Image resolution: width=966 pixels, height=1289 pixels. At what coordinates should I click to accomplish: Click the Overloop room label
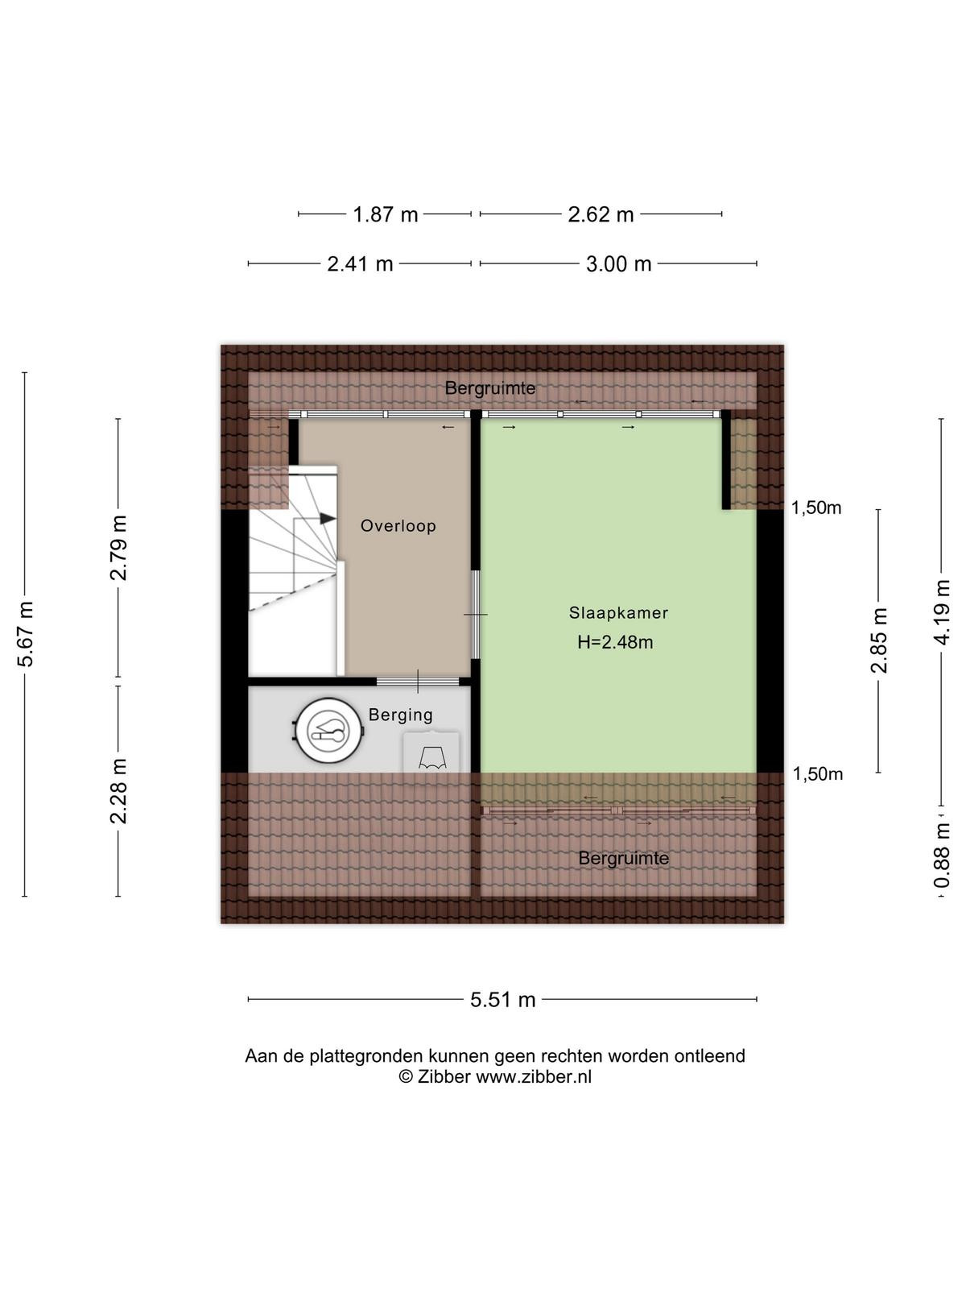(398, 525)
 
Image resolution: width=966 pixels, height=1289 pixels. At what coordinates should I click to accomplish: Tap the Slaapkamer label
(618, 612)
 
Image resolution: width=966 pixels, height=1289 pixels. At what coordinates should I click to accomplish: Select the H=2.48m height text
(615, 642)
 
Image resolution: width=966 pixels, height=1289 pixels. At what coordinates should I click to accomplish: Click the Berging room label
(401, 715)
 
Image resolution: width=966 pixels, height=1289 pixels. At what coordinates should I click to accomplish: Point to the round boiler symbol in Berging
(328, 732)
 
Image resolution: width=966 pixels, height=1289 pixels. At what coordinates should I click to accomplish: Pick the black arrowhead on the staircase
(328, 519)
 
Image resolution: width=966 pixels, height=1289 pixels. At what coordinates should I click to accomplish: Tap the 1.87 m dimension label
(386, 214)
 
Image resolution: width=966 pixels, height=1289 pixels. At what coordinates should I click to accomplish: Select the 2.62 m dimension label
(601, 214)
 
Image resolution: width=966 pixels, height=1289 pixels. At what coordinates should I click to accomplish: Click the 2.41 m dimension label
(360, 263)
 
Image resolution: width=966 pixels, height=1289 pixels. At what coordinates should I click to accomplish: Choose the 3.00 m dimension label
(619, 263)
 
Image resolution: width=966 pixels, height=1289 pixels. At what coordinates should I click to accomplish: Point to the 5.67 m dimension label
(25, 634)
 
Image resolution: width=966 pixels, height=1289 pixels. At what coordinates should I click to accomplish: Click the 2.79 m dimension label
(119, 548)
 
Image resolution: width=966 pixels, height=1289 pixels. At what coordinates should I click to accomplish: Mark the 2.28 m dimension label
(119, 791)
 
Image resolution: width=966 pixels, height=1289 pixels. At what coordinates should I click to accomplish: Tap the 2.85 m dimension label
(879, 640)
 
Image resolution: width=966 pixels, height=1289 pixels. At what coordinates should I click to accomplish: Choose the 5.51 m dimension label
(502, 1000)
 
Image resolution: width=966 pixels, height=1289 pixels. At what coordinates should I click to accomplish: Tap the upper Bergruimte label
(490, 388)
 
